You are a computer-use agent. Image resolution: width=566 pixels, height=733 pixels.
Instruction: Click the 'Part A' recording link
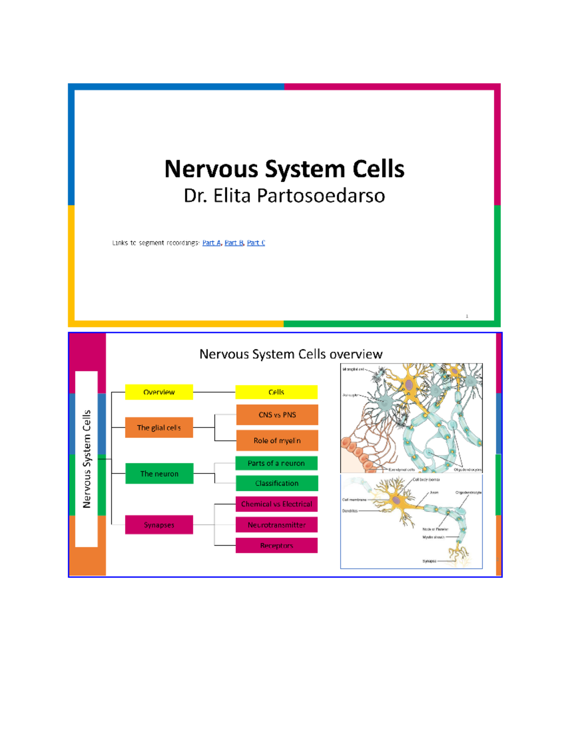click(211, 243)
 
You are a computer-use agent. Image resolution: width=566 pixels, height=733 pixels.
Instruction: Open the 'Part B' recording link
click(234, 243)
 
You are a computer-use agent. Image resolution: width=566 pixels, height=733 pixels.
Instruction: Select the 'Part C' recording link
click(256, 243)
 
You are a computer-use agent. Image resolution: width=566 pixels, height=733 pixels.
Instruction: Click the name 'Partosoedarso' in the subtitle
click(321, 196)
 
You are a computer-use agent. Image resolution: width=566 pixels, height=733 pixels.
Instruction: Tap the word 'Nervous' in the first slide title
click(211, 169)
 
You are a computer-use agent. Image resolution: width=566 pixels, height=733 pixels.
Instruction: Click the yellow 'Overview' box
click(159, 392)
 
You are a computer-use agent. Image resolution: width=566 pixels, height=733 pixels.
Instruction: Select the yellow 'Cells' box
click(276, 392)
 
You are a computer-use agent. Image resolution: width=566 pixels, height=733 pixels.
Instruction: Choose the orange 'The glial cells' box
click(159, 428)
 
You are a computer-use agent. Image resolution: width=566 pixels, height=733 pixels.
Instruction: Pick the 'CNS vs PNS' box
click(277, 415)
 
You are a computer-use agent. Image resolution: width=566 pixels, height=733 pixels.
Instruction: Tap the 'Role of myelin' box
click(277, 440)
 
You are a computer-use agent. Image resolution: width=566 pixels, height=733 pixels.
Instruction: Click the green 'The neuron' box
click(159, 473)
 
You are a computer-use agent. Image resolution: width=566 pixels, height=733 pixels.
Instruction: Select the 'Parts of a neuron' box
click(276, 463)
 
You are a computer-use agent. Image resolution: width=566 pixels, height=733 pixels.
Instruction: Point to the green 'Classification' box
click(277, 483)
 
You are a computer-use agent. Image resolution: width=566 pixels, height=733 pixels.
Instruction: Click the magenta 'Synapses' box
click(159, 525)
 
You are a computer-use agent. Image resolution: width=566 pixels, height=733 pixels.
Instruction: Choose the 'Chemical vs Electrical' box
click(276, 504)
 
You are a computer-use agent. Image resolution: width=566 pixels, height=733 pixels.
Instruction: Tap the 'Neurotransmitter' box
click(276, 525)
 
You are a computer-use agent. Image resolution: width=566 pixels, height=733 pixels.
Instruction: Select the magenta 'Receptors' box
click(276, 546)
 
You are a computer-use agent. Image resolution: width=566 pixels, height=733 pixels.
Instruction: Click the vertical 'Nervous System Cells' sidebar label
click(86, 459)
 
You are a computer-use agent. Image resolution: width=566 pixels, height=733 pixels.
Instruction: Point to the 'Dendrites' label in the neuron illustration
click(350, 511)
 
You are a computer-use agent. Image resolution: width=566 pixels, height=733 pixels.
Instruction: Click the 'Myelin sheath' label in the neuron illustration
click(433, 537)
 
